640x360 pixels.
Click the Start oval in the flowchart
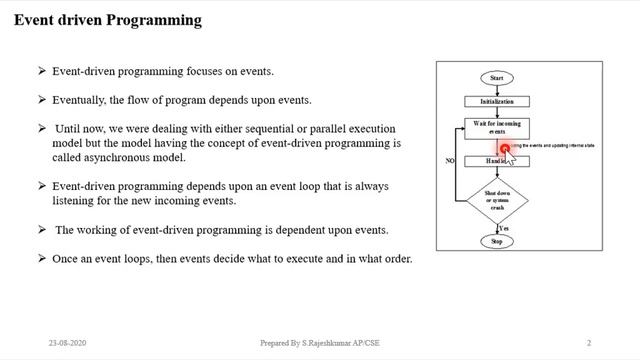[x=497, y=77]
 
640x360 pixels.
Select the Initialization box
[x=497, y=101]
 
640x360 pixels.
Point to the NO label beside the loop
[x=450, y=159]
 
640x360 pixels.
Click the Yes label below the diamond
[x=505, y=229]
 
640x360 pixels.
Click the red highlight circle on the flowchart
[x=505, y=149]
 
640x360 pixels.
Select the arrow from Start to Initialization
[x=497, y=89]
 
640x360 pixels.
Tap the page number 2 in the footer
[x=589, y=341]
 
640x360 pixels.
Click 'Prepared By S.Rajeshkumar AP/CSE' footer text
[x=319, y=341]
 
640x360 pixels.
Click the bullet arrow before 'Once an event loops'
[x=42, y=259]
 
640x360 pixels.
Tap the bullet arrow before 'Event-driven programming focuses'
[x=42, y=71]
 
